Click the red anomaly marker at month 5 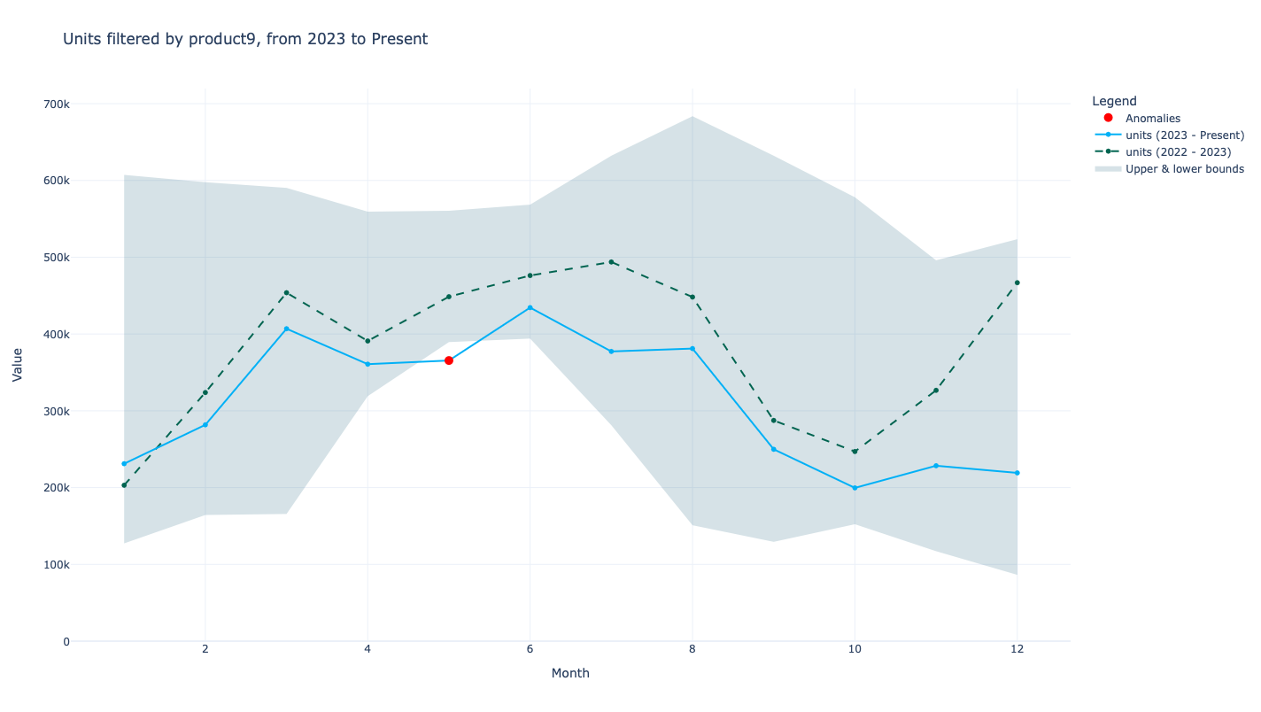pos(449,360)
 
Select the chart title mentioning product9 pos(245,39)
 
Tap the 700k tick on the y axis pos(56,104)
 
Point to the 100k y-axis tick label pos(56,565)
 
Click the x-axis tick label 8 pos(692,649)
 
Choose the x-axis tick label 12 pos(1017,649)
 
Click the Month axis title pos(570,673)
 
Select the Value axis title pos(18,365)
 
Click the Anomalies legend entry pos(1152,119)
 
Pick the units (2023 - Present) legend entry pos(1184,135)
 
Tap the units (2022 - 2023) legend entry pos(1178,152)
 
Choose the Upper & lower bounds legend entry pos(1184,169)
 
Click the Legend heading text pos(1114,101)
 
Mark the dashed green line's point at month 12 pos(1017,282)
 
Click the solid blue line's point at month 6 pos(530,308)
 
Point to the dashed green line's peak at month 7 pos(611,262)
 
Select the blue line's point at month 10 pos(855,488)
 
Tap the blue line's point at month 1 pos(124,464)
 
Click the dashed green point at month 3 pos(286,292)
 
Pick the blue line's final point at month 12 pos(1017,473)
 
